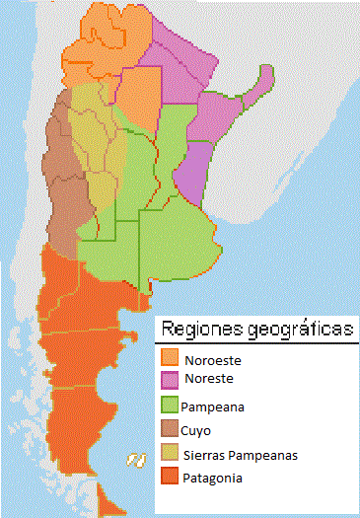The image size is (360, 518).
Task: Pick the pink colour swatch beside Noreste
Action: coord(170,378)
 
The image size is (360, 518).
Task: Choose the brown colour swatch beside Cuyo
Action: coord(170,429)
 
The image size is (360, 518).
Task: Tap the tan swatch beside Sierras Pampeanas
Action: coord(170,454)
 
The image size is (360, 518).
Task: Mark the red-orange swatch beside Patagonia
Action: coord(170,478)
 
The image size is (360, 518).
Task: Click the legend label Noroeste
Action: coord(212,360)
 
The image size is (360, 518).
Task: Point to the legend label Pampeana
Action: coord(213,406)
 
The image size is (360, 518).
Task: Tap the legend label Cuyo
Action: coord(196,430)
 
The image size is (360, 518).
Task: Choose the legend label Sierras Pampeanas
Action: coord(240,455)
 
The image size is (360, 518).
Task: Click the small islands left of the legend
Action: coord(136,458)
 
